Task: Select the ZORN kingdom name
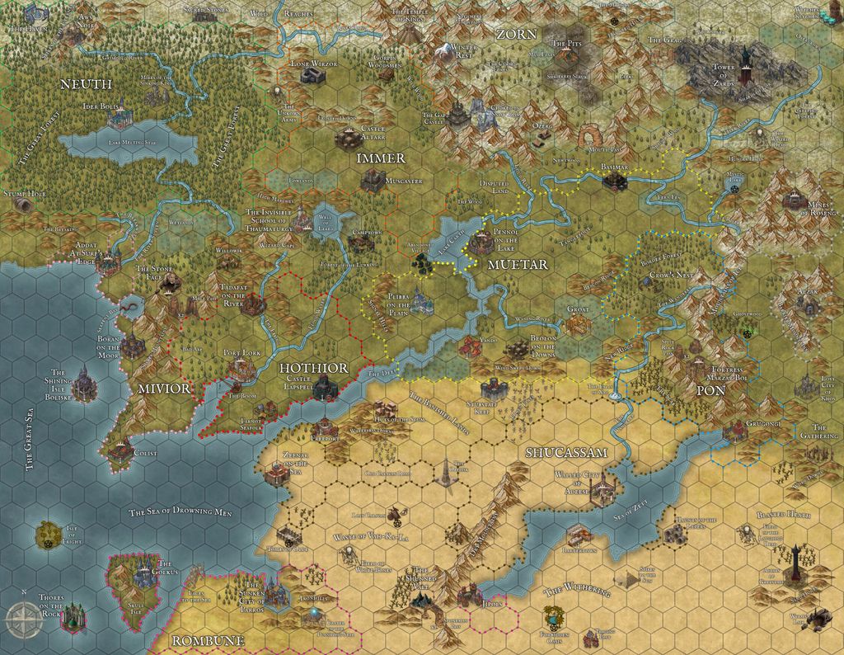(x=516, y=35)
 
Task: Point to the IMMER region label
(x=381, y=158)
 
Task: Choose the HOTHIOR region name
(x=313, y=367)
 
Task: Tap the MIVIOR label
(x=164, y=388)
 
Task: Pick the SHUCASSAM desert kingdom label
(x=566, y=452)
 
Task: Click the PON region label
(x=710, y=389)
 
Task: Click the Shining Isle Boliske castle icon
(x=82, y=381)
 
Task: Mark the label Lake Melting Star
(x=130, y=142)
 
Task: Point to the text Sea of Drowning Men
(x=181, y=512)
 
